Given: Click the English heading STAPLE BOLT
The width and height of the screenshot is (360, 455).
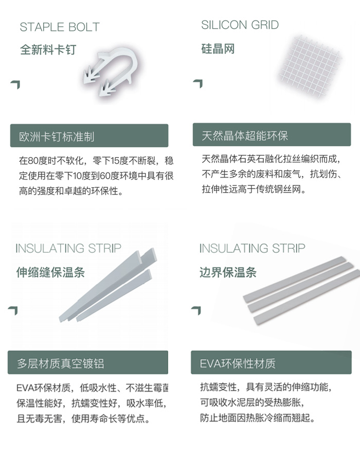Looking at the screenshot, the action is pos(60,27).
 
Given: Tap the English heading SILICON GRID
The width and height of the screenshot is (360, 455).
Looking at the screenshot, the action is pos(240,25).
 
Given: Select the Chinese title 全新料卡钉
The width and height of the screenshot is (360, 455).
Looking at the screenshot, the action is pos(48,49).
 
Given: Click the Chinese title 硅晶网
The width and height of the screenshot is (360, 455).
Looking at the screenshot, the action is pos(218,49).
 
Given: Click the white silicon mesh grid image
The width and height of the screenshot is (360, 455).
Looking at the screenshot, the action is pos(310,66).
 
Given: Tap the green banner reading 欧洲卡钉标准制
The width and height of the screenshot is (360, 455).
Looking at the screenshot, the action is pos(89,135).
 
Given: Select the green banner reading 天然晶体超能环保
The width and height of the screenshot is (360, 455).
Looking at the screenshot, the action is pos(272,135).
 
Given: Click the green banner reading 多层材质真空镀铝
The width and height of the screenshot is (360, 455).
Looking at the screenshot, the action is pos(88,362).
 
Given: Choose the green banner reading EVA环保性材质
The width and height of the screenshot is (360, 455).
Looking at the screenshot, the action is pos(271,362).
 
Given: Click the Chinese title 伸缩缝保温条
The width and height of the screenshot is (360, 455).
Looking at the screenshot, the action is pos(50,272).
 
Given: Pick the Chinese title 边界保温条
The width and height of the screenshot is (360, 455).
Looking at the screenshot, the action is pos(228,272).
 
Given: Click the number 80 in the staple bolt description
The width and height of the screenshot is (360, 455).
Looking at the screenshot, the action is pos(33,161).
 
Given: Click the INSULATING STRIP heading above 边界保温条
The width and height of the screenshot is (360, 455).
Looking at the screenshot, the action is pos(252,249).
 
